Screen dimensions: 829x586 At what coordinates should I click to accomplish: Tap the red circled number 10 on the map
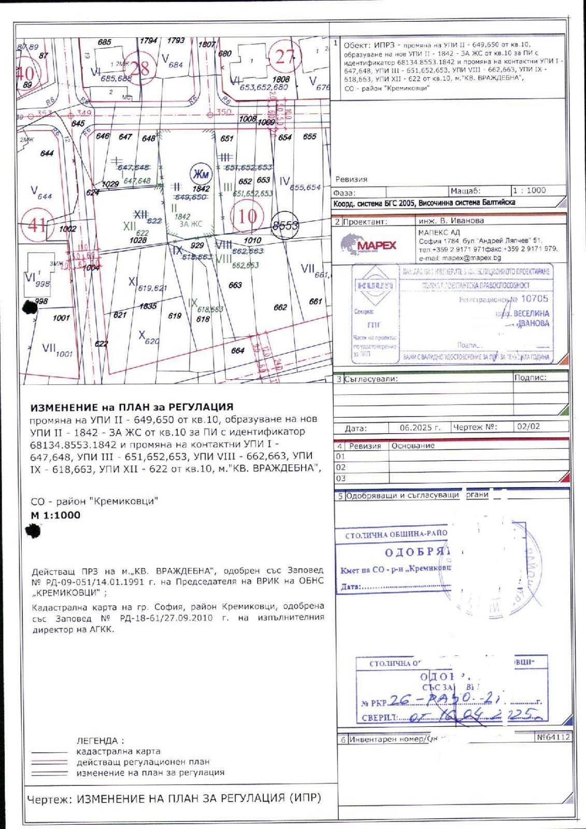click(247, 216)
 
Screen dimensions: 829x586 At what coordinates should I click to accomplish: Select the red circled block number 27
click(285, 56)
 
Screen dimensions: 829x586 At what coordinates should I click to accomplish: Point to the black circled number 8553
click(286, 225)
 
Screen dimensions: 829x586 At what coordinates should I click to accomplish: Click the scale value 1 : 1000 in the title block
click(529, 190)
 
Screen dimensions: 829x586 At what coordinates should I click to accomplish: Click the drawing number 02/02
click(528, 427)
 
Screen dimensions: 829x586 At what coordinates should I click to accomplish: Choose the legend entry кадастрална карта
click(118, 751)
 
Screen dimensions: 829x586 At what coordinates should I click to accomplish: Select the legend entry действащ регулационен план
click(143, 762)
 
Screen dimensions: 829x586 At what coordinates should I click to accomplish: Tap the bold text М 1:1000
click(55, 516)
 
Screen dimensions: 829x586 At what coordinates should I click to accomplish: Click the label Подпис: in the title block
click(530, 378)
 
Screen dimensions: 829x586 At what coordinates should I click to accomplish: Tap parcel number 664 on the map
click(237, 351)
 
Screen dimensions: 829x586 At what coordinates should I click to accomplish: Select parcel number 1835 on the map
click(148, 306)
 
